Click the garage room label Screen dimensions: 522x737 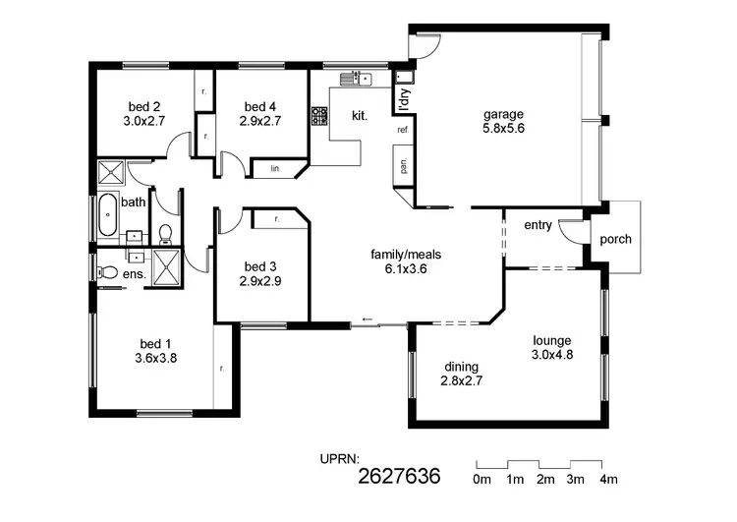pos(503,113)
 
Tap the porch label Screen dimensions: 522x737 pos(616,240)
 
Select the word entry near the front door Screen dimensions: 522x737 pos(538,225)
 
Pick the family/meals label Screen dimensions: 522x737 pos(406,255)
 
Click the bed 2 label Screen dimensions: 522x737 pos(144,107)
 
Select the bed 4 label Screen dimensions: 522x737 pos(260,107)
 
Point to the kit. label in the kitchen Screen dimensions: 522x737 pos(360,116)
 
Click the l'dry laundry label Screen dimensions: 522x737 pos(403,98)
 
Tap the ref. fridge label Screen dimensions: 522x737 pos(403,130)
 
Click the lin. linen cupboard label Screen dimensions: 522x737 pos(274,169)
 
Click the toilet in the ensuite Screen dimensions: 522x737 pos(108,272)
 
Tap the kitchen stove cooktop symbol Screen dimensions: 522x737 pos(320,116)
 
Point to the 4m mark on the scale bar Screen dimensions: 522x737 pos(608,480)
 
